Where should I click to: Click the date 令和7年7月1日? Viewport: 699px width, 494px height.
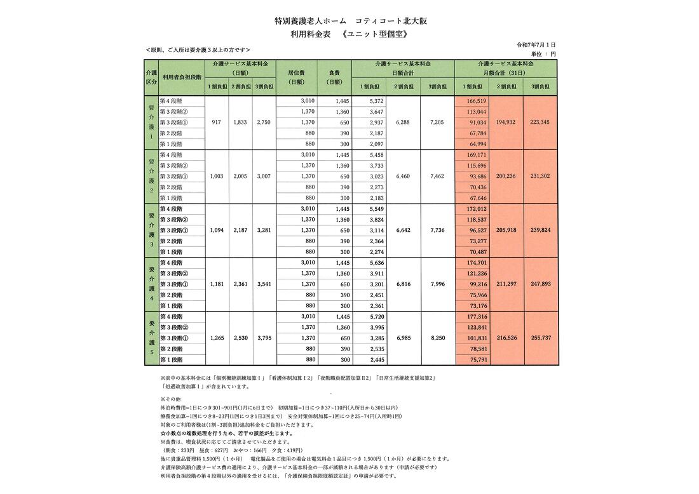point(538,45)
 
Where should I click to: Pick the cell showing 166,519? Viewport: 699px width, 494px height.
point(476,101)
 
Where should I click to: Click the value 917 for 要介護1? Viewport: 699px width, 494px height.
point(216,122)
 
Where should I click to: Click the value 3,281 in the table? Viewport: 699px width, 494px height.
point(264,230)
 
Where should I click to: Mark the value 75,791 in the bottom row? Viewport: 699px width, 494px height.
point(476,360)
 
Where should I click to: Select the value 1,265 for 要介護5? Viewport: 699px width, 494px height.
point(216,338)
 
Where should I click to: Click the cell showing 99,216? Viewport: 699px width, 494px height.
point(476,284)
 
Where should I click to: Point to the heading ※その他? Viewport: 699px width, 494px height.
point(171,399)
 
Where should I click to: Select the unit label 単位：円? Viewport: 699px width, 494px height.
point(545,54)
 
